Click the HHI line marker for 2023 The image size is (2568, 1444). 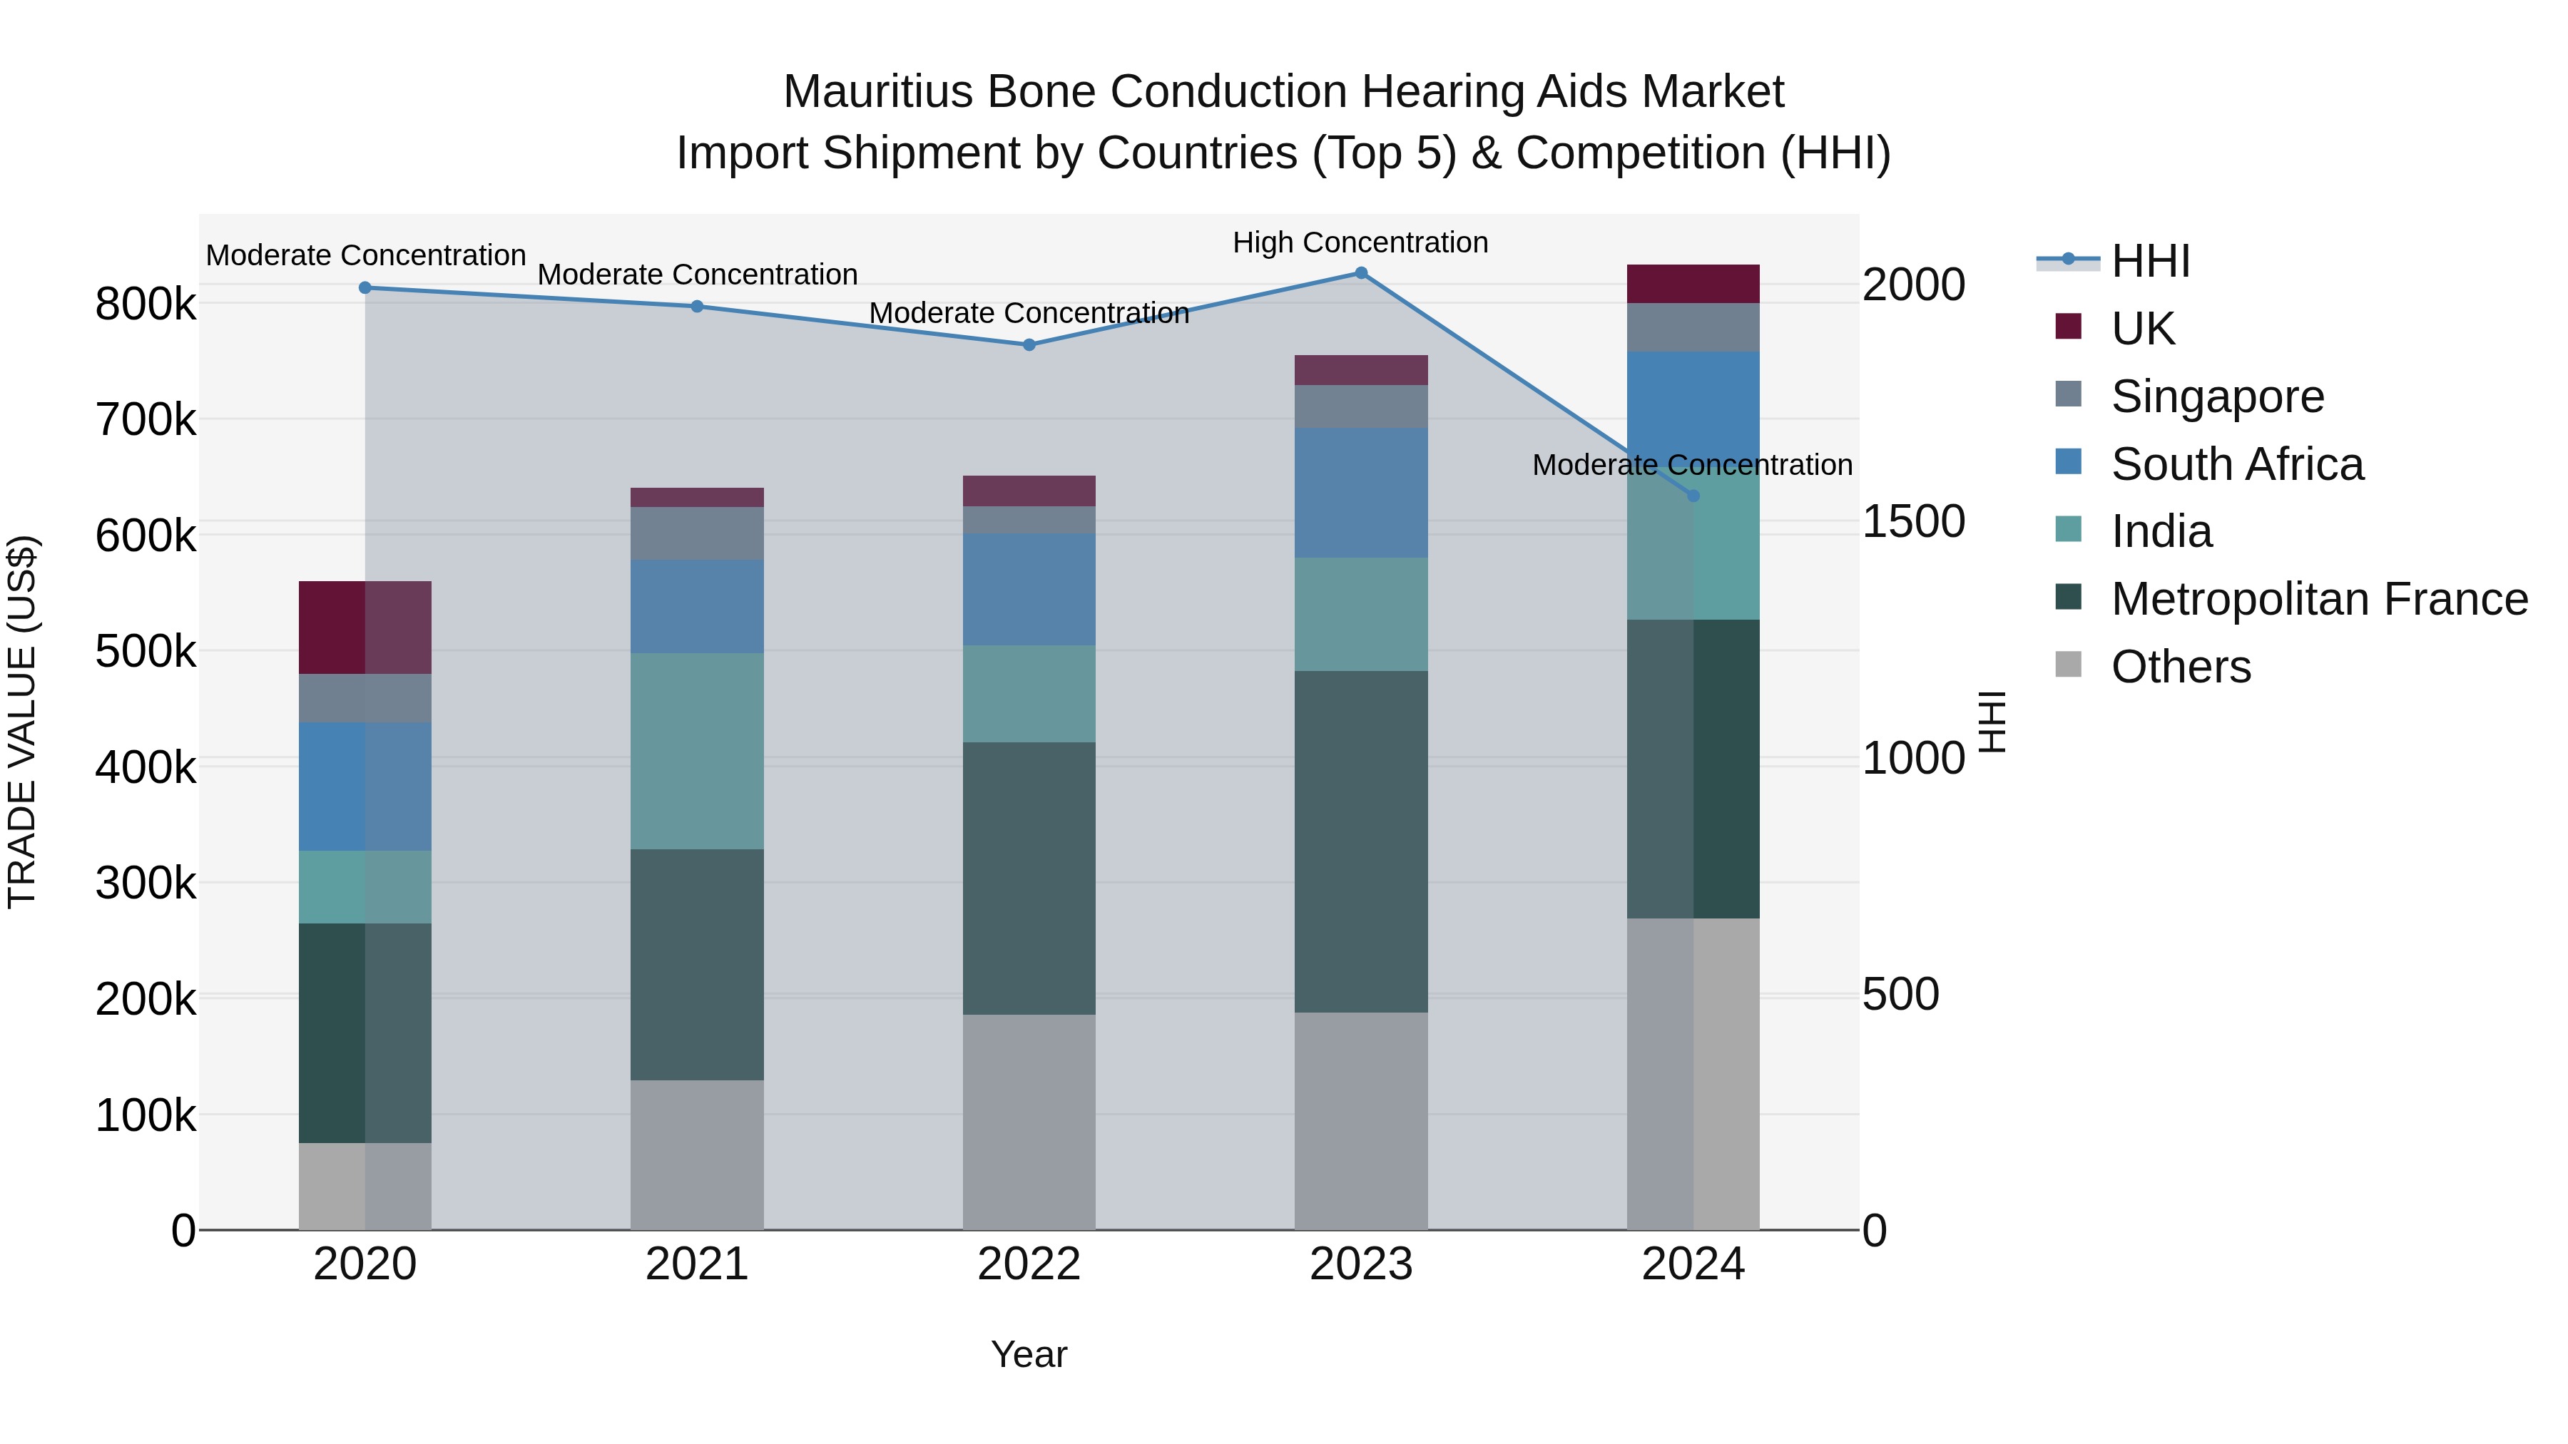[1361, 273]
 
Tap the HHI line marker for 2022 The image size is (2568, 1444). [1029, 345]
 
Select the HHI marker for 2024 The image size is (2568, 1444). [1693, 496]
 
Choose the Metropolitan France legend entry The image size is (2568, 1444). [2319, 599]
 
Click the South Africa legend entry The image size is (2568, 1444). [2236, 464]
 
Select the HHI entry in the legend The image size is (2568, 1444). [2149, 261]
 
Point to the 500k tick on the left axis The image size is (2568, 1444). [146, 652]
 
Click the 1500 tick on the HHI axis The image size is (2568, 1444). [1912, 521]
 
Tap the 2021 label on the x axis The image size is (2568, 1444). [697, 1264]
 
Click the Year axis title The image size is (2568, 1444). [1029, 1354]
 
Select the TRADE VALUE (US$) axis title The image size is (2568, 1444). [23, 722]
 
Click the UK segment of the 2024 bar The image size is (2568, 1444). [1693, 284]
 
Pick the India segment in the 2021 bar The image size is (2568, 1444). [697, 752]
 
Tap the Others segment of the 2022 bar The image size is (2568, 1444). [1029, 1122]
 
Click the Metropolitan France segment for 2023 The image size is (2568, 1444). [1361, 842]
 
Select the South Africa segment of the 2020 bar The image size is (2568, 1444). [365, 787]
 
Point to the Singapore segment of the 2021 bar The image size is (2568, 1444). [697, 533]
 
